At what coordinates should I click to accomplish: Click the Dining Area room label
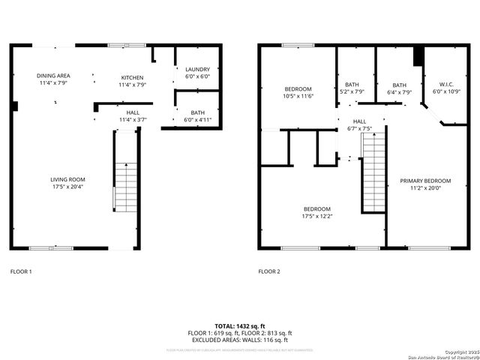point(54,76)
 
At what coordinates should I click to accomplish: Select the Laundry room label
point(197,69)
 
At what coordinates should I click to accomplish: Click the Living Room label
point(67,179)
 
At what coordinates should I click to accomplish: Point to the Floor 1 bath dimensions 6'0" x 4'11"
point(197,119)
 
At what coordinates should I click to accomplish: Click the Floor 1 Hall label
point(133,112)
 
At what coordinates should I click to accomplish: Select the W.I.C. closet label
point(445,84)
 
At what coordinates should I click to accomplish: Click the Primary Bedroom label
point(425,181)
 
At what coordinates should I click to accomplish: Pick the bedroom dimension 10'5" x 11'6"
point(298,96)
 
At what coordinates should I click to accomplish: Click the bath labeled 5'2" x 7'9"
point(352,92)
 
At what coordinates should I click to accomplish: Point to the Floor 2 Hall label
point(359,121)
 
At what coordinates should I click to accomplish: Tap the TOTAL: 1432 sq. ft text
point(239,326)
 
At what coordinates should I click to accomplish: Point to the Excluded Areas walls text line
point(239,340)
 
